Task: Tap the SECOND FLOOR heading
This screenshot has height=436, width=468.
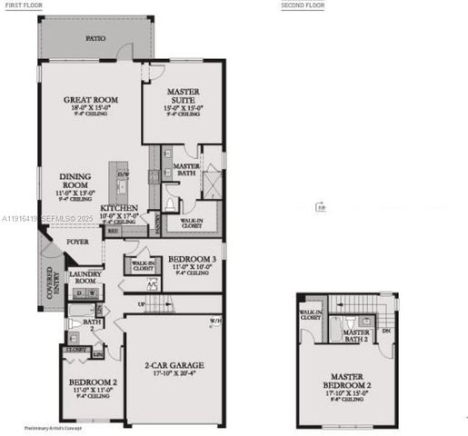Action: [304, 5]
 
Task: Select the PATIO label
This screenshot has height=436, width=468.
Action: [95, 39]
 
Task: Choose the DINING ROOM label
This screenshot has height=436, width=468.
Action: [75, 182]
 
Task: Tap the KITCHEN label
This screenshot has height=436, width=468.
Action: [119, 208]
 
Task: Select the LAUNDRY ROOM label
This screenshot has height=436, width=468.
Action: [85, 278]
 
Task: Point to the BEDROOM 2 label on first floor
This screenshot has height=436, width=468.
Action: [88, 384]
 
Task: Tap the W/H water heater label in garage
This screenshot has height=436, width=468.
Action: [214, 321]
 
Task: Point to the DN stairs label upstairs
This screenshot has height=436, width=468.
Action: [387, 332]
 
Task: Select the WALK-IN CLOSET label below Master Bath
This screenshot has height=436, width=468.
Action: [191, 222]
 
